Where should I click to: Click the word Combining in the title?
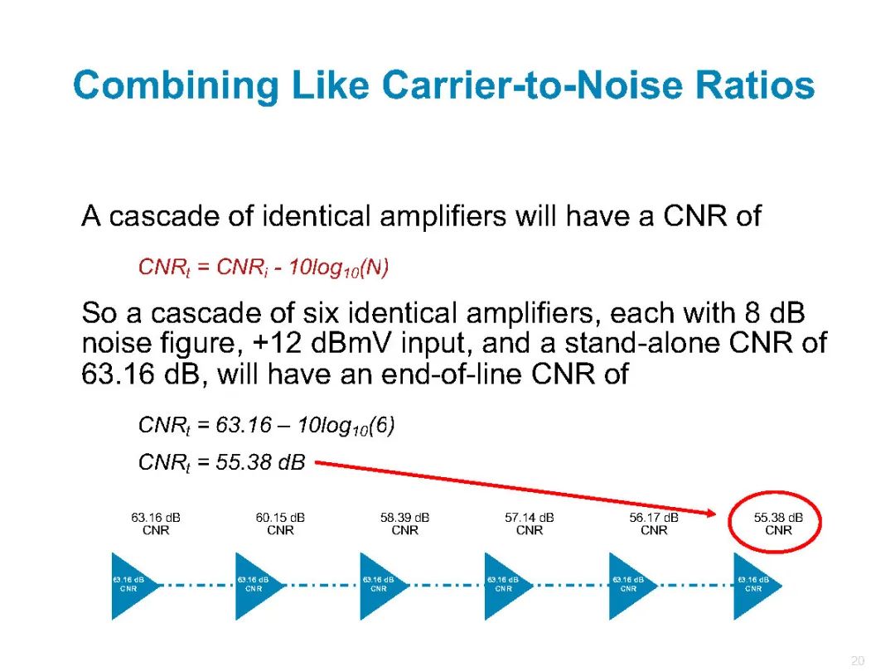[176, 86]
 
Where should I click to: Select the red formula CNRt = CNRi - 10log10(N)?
[264, 268]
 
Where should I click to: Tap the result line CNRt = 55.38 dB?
[222, 462]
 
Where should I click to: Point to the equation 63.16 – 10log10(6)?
[305, 426]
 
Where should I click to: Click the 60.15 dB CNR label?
[280, 524]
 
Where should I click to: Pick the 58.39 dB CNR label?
[404, 524]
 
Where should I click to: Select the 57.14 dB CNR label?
[529, 524]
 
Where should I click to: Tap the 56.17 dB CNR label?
[654, 524]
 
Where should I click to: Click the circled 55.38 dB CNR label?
[778, 524]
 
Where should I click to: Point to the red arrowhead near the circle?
[709, 513]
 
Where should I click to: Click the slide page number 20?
[858, 660]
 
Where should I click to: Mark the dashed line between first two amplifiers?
[198, 586]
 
